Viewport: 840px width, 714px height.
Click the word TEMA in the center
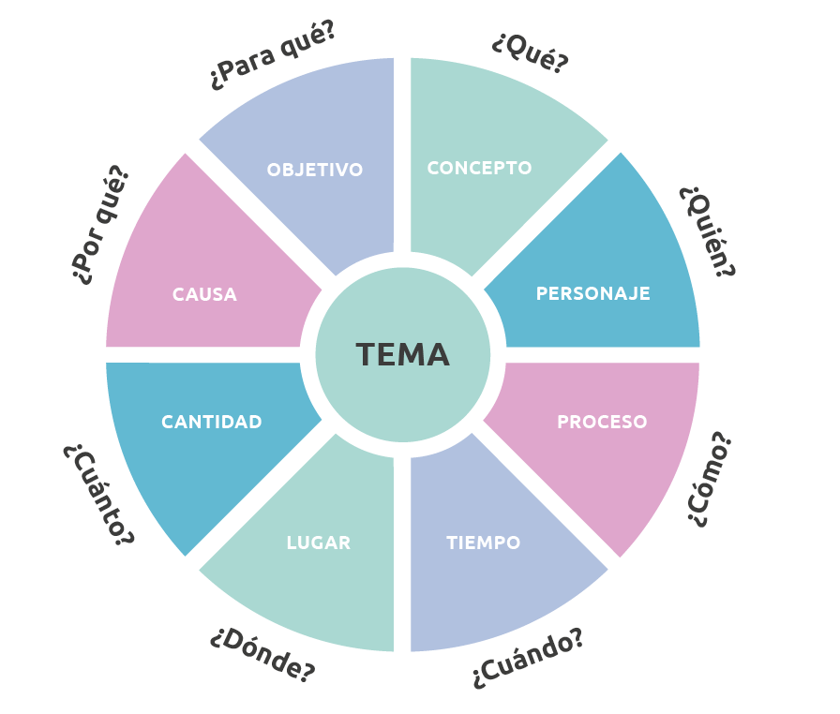402,355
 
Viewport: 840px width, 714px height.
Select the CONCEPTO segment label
479,169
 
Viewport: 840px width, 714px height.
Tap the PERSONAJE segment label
592,293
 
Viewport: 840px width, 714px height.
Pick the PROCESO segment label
602,422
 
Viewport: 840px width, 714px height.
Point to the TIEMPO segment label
483,543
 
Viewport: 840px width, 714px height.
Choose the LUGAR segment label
319,543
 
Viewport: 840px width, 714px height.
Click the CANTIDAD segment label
211,422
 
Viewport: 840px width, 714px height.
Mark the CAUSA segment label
204,294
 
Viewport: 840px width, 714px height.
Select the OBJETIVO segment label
314,170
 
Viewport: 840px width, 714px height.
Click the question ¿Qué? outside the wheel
530,52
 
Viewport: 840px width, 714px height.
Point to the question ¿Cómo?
710,479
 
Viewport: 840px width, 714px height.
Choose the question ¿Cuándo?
529,660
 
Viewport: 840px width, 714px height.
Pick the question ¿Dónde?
262,653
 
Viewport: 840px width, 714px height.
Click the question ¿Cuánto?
98,494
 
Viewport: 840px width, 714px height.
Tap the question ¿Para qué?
272,56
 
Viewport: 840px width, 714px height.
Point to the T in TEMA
365,355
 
